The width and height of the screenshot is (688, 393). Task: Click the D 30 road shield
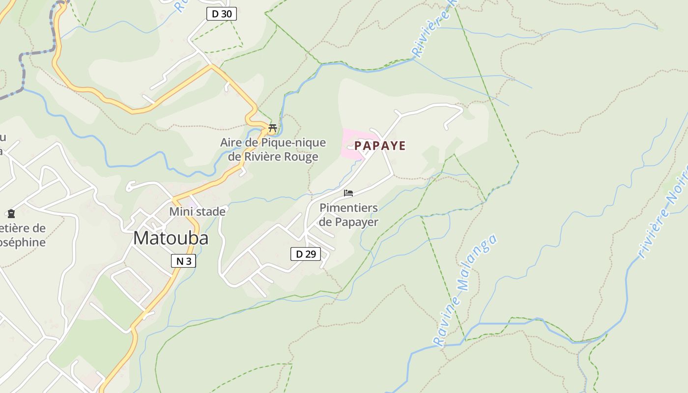[x=221, y=14]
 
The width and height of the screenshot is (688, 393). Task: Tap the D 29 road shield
[x=305, y=254]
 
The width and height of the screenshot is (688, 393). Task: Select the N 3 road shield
[x=183, y=261]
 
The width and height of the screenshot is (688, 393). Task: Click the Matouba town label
[x=171, y=238]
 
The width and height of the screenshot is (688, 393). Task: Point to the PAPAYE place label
[x=380, y=146]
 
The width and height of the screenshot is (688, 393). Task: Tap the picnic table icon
[x=272, y=129]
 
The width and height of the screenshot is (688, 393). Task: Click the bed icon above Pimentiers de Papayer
[x=348, y=193]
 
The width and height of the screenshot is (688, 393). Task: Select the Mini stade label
[x=197, y=212]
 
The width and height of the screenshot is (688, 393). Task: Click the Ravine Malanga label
[x=465, y=290]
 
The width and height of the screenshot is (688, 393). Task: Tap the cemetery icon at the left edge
[x=11, y=214]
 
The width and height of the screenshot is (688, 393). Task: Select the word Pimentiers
[x=348, y=208]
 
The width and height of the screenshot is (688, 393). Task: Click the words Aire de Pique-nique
[x=273, y=143]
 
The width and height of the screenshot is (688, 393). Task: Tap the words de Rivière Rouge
[x=273, y=157]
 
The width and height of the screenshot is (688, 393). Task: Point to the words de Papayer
[x=348, y=222]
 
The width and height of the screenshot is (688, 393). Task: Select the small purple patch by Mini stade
[x=193, y=202]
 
